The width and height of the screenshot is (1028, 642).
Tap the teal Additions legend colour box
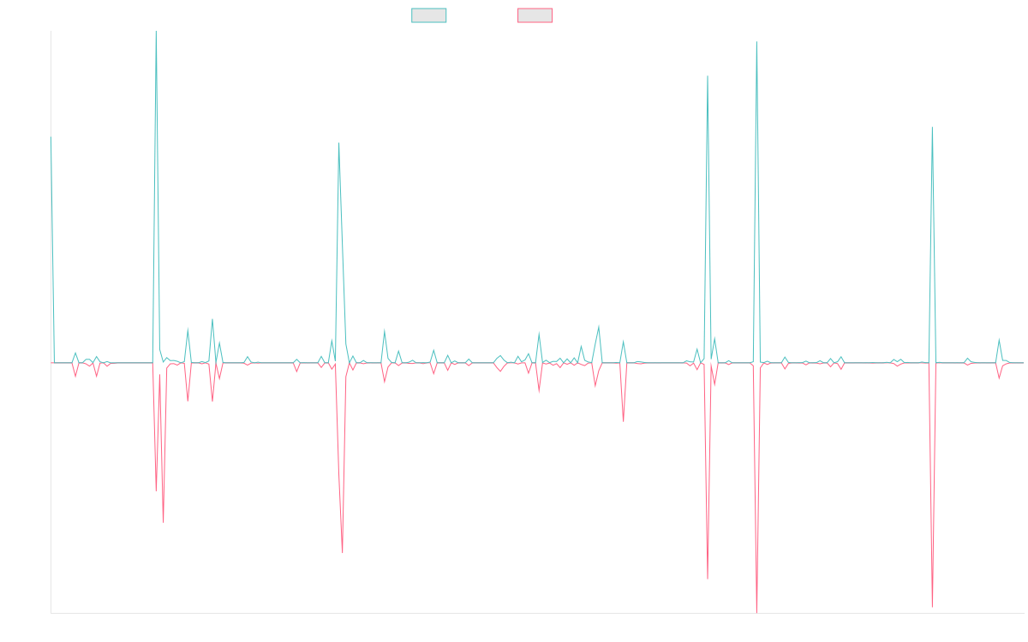[429, 15]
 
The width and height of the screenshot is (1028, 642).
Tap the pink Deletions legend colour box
[535, 15]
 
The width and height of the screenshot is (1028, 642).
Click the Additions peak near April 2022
[339, 143]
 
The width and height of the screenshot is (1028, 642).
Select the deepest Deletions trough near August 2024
[757, 611]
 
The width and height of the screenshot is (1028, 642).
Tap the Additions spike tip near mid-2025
[932, 128]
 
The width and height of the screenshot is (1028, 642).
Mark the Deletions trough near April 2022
[343, 552]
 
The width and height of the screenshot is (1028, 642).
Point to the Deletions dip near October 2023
[623, 421]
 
